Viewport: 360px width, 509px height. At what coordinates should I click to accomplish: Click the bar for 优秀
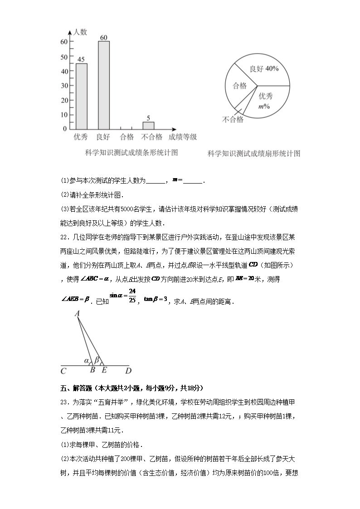coord(81,96)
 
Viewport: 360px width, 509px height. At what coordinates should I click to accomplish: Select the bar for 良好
coord(103,85)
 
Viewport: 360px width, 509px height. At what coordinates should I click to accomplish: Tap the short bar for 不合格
coord(148,125)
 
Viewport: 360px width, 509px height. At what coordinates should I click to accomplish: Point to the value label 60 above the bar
coord(103,37)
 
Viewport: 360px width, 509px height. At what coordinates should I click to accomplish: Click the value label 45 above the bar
coord(81,59)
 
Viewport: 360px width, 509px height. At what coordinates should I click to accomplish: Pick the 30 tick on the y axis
coord(64,86)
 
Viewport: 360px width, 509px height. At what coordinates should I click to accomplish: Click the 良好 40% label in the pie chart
coord(264,69)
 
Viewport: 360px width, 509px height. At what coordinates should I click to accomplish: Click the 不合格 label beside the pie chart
coord(233,120)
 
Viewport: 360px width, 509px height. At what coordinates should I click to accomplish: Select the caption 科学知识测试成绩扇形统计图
coord(253,154)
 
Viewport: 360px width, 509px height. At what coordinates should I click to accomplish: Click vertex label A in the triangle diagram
coord(77,313)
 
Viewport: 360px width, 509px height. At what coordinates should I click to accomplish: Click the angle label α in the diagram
coord(86,361)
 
